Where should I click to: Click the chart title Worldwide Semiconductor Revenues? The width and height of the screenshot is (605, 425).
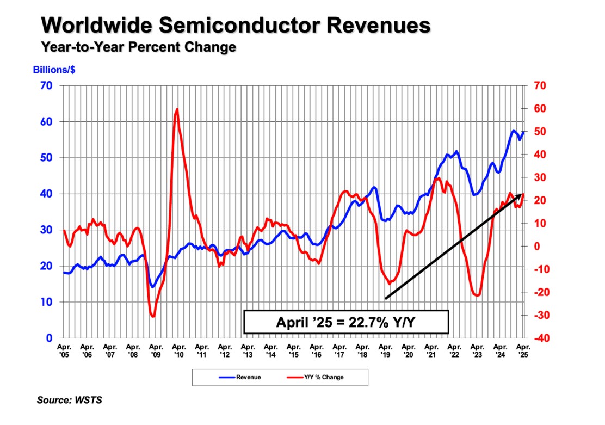coord(236,25)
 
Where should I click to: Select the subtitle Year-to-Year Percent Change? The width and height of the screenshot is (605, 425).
coord(138,47)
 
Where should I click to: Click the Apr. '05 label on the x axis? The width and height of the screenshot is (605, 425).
coord(64,349)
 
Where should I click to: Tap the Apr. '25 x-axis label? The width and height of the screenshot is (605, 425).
coord(523,349)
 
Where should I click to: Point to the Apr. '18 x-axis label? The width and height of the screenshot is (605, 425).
coord(362,349)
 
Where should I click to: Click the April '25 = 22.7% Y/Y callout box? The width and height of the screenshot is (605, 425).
coord(346,322)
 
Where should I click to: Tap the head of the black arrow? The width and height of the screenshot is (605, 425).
coord(521,195)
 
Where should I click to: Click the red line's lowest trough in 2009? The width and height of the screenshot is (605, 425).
coord(153,316)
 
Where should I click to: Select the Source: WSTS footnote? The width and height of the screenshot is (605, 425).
coord(70,401)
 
